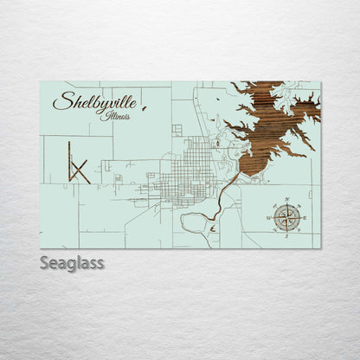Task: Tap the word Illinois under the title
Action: click(116, 115)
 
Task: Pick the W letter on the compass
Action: click(269, 218)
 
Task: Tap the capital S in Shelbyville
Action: click(61, 102)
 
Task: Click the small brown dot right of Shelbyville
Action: click(144, 109)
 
